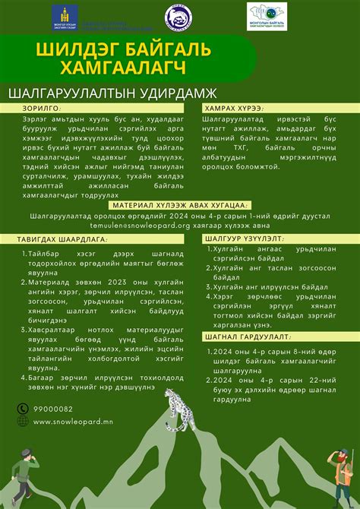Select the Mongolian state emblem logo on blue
click(x=58, y=17)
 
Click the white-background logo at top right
click(x=267, y=17)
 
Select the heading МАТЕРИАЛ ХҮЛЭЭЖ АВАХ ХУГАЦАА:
click(x=179, y=205)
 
